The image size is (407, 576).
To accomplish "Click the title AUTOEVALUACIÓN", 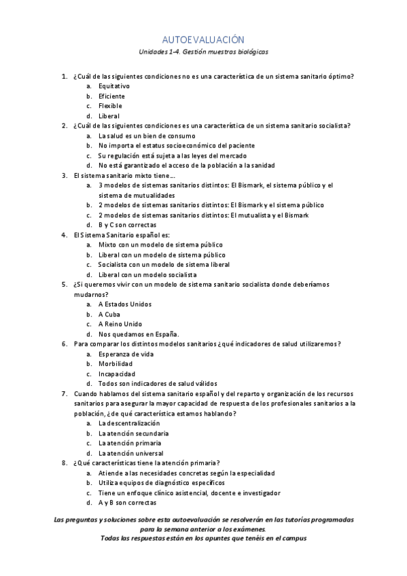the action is coord(203,40).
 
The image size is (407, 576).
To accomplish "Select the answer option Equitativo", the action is coord(114,86).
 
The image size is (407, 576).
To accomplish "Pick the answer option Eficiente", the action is coord(111,96).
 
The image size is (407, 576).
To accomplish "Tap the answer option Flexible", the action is coord(110,106).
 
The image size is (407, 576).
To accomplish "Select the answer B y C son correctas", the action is coord(127,225).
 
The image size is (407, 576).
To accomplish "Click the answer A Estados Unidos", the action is coord(125,304).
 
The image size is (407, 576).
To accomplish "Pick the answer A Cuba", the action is coord(109,314).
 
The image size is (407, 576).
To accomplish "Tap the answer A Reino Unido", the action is coord(120,324).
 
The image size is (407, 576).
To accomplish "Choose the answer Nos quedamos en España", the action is coord(139,334).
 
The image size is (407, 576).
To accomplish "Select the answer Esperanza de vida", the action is coord(126,355).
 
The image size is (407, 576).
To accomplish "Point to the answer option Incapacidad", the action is coord(117,374).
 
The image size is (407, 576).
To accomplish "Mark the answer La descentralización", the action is coord(129,423).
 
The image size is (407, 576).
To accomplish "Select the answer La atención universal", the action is coord(130,453).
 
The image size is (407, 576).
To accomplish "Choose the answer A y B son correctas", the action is coord(127,503).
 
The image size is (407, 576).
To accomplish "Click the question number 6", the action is coord(65,344).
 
